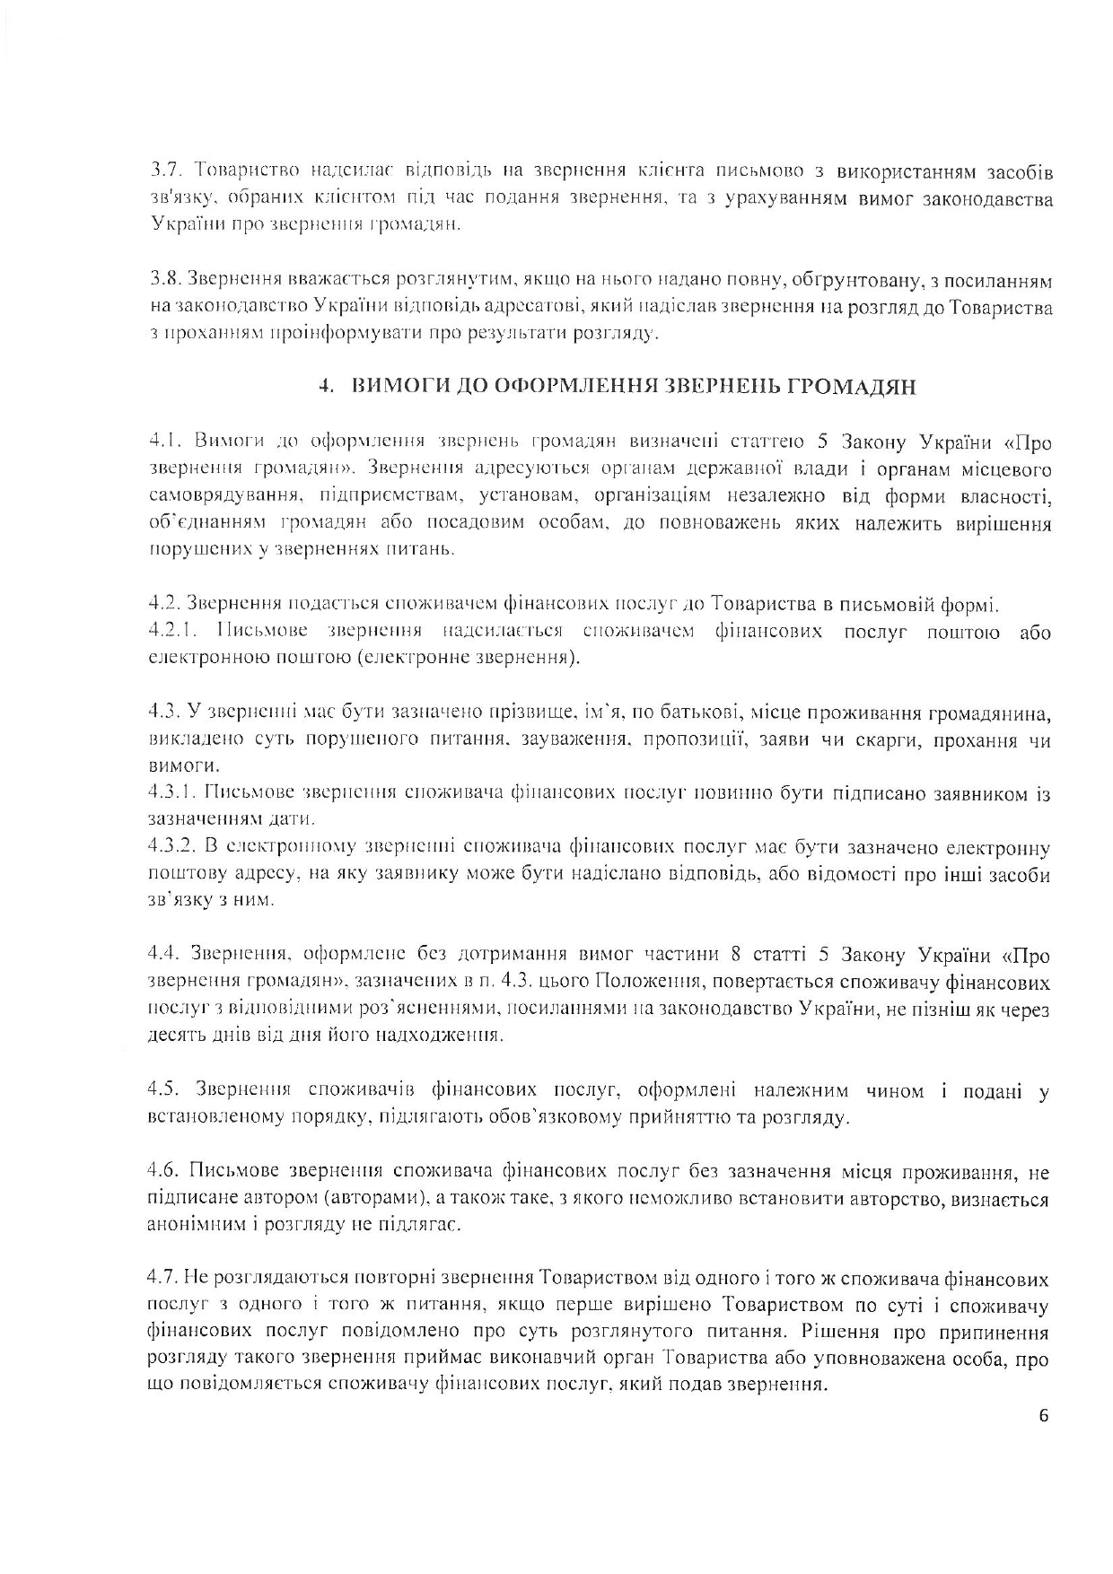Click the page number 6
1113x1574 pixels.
click(x=1043, y=1418)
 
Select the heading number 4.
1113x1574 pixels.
click(x=328, y=388)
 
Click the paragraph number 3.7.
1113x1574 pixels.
click(x=166, y=171)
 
